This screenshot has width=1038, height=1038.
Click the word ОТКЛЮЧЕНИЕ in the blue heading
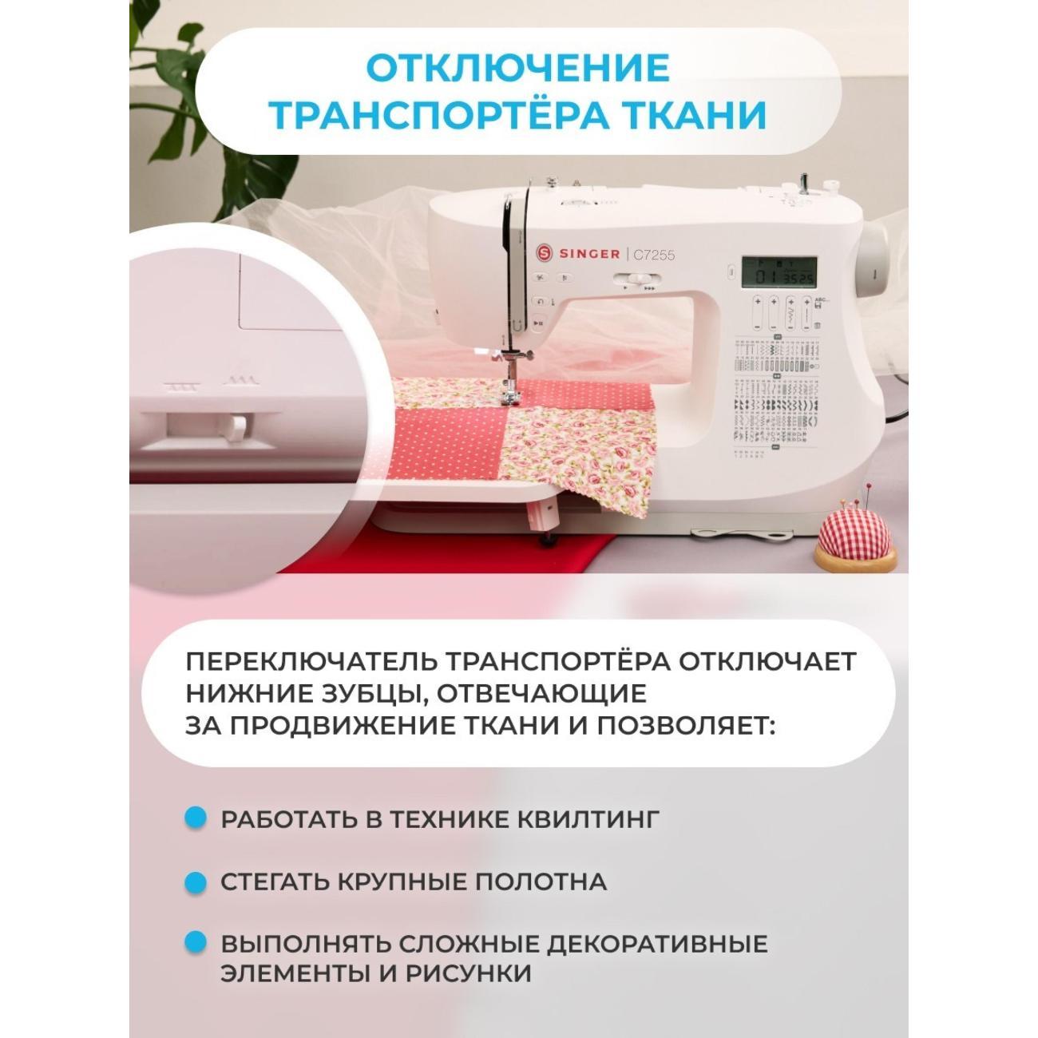(517, 69)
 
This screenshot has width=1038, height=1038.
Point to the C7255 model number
(654, 255)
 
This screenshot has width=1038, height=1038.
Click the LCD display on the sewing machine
(778, 272)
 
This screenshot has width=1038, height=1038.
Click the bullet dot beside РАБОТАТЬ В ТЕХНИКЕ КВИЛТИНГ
(195, 818)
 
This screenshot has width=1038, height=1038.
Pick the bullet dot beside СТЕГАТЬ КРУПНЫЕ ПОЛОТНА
(195, 883)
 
